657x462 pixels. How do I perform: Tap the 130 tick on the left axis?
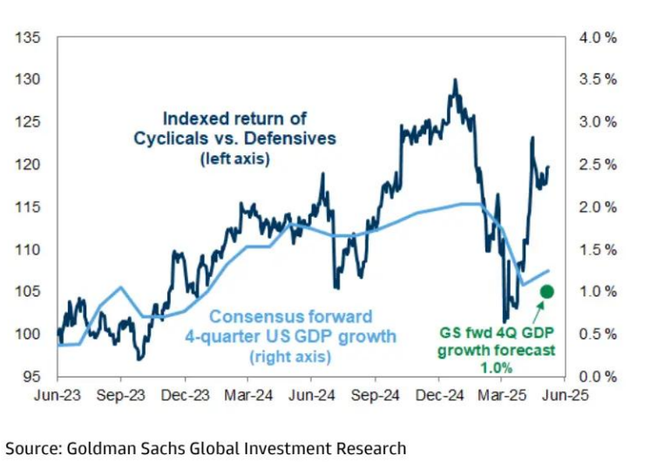[x=29, y=79]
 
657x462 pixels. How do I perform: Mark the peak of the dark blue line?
[x=455, y=80]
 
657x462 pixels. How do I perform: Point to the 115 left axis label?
[x=29, y=207]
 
